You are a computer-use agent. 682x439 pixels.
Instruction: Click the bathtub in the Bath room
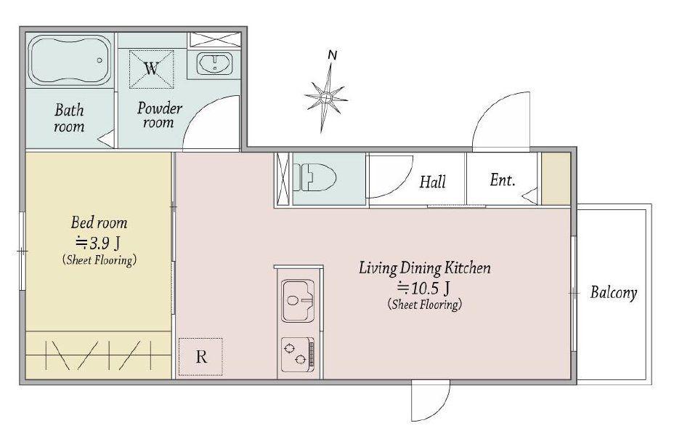(x=71, y=60)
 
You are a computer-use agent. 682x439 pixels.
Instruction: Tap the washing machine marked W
(x=151, y=69)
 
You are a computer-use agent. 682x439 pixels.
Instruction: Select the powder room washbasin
(x=214, y=64)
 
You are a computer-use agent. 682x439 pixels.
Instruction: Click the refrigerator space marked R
(x=200, y=357)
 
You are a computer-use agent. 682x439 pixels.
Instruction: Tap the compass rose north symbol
(x=326, y=98)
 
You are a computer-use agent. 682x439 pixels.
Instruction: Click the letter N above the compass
(x=333, y=55)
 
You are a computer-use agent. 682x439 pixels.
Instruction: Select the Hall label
(x=433, y=182)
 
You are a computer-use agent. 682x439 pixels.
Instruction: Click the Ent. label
(x=503, y=180)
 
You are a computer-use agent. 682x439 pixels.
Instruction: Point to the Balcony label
(x=613, y=293)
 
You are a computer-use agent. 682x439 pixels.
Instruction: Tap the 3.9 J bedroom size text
(x=98, y=243)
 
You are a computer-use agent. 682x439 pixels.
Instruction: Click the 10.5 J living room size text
(x=424, y=288)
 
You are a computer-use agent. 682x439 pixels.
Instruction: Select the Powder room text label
(x=159, y=115)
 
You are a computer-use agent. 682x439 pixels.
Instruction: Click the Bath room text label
(x=69, y=118)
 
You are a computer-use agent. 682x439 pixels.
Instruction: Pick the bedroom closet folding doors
(x=98, y=355)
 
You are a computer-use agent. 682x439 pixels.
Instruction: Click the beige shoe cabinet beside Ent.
(x=556, y=178)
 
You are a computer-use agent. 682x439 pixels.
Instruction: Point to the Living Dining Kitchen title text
(x=424, y=268)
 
